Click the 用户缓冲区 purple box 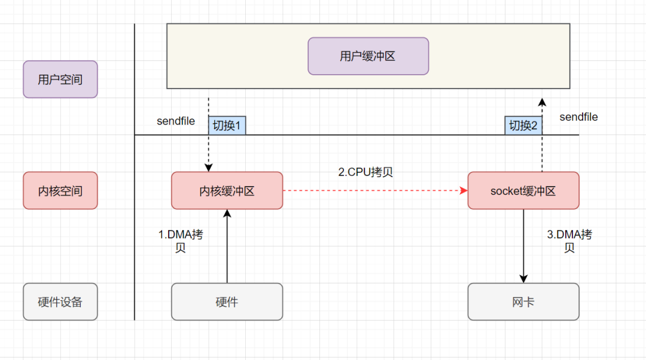coord(368,56)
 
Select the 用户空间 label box coord(60,79)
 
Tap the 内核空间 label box coord(60,191)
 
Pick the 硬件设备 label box coord(60,301)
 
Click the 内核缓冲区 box coord(227,191)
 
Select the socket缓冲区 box coord(523,191)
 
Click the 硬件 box coord(227,301)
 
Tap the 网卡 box coord(523,301)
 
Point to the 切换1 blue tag coord(227,126)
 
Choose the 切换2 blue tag coord(523,126)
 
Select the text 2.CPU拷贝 coord(365,172)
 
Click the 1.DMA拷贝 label coord(181,240)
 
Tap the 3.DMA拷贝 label coord(569,240)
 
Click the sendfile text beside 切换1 coord(176,121)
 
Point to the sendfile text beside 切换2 coord(578,117)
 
